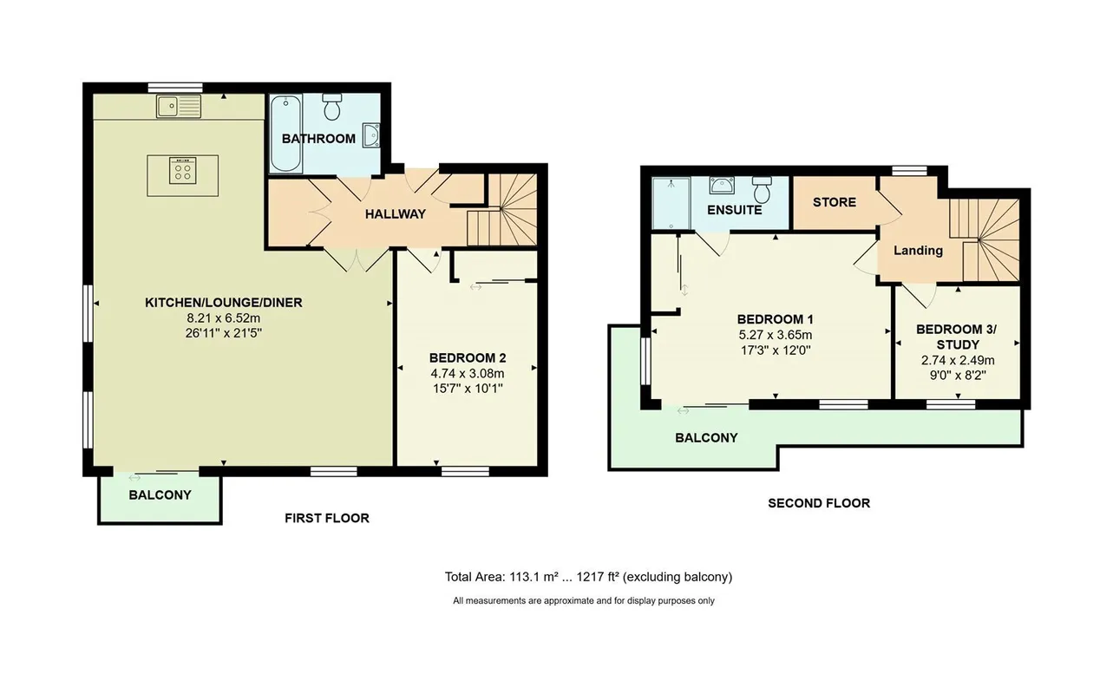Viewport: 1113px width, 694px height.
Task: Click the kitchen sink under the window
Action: point(179,107)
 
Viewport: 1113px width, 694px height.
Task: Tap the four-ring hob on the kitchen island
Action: point(182,170)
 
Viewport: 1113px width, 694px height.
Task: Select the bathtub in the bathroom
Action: point(285,134)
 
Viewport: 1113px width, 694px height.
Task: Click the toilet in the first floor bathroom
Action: point(331,107)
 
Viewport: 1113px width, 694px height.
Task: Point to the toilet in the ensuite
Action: point(762,189)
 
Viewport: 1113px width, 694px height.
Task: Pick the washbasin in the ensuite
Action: point(722,185)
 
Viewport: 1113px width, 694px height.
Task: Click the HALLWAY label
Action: point(396,214)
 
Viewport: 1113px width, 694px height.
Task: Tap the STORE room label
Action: point(835,202)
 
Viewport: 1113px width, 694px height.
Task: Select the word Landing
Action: point(918,251)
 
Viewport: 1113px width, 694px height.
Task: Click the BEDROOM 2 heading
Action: point(468,357)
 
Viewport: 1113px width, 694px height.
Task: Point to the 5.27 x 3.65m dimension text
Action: point(776,335)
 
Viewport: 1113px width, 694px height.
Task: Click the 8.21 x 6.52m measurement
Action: point(224,318)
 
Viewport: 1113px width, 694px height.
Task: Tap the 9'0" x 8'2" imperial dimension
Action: point(958,375)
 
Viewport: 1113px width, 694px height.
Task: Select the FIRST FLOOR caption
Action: point(327,518)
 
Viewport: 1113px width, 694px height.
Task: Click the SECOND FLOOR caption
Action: point(819,503)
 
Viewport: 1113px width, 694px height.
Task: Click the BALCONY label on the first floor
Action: point(160,494)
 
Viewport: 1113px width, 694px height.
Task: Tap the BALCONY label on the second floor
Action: point(706,438)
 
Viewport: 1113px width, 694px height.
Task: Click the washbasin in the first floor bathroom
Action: point(371,135)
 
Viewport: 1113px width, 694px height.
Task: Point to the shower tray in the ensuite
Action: point(671,203)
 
